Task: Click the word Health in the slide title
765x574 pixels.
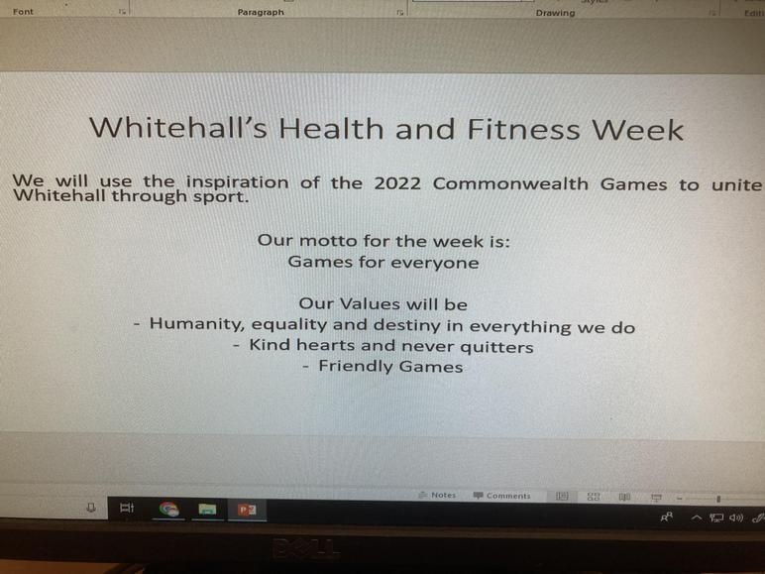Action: [331, 129]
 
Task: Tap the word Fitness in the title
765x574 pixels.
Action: [524, 129]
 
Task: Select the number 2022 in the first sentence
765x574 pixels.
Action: [397, 183]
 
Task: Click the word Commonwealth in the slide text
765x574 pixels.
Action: [510, 184]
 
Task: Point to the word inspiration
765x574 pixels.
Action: [237, 182]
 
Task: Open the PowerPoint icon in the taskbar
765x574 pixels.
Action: [247, 510]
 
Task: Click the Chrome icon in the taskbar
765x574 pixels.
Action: [168, 510]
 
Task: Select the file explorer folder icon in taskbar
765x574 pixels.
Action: [207, 510]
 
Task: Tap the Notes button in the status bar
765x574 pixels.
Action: [437, 495]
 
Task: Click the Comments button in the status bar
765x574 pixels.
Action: [501, 496]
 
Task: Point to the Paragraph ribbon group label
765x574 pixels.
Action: [261, 12]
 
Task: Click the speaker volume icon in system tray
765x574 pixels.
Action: [735, 517]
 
